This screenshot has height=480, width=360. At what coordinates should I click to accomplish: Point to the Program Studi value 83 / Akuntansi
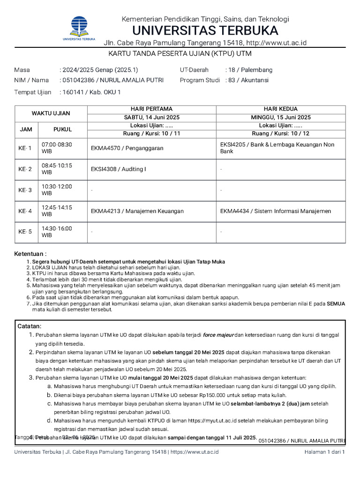tap(248, 80)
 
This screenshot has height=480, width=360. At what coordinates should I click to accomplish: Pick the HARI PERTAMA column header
tap(151, 109)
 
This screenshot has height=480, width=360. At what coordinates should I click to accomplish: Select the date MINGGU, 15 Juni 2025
tap(280, 117)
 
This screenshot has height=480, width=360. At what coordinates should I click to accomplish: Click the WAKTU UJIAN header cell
tap(51, 113)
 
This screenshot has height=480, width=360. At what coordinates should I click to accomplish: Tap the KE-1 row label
tap(25, 148)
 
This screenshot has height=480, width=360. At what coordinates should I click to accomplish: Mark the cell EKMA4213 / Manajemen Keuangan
tap(137, 211)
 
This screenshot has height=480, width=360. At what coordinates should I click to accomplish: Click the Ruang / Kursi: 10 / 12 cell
tap(280, 134)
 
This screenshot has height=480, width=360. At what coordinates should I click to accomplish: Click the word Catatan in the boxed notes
tap(30, 326)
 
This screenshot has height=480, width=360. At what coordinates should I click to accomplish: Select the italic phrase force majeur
tap(217, 335)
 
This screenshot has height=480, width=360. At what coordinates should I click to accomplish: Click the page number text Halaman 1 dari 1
tap(324, 452)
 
